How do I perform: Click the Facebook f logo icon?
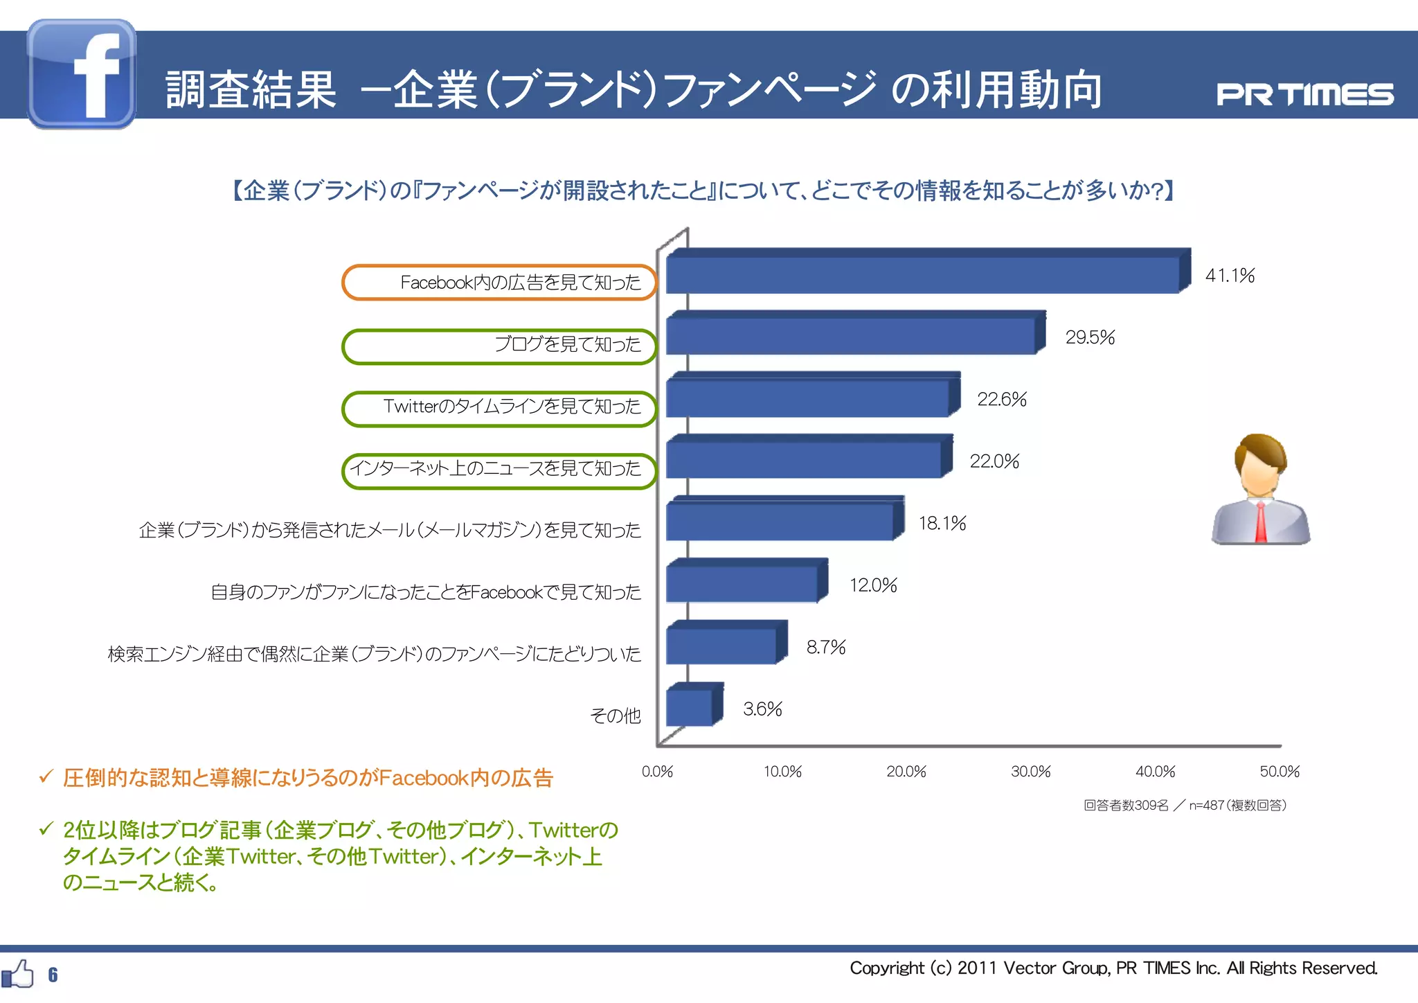pos(82,74)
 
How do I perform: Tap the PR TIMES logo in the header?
pos(1304,95)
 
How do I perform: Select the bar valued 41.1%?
pos(922,275)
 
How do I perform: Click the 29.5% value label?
pos(1090,337)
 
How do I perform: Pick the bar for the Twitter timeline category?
pos(807,398)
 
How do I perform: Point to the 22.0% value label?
pos(994,461)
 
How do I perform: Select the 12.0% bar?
pos(742,584)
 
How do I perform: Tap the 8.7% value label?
pos(826,647)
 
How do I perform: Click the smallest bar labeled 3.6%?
pos(690,708)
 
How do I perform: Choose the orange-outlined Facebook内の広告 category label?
pos(499,283)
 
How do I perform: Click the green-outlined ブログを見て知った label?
pos(499,344)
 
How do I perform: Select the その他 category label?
pos(615,716)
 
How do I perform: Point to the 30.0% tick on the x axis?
pos(1030,772)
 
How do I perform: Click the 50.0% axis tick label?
pos(1280,772)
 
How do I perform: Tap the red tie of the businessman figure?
pos(1261,523)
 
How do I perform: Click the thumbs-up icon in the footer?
pos(18,974)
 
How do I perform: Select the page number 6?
pos(53,975)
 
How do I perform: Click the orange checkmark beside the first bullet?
pos(46,776)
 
